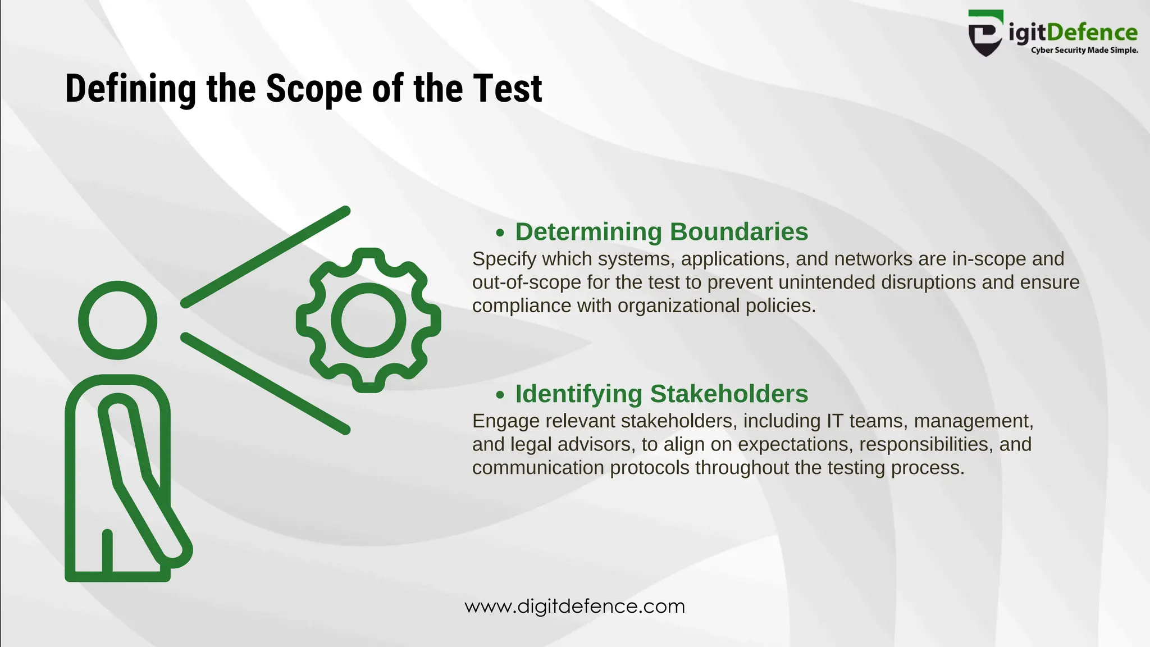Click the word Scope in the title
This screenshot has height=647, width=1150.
click(314, 89)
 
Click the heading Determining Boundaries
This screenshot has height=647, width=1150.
click(661, 231)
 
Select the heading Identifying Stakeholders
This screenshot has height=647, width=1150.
click(661, 394)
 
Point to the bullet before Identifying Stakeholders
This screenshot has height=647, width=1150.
click(500, 395)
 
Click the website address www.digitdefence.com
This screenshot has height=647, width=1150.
click(575, 607)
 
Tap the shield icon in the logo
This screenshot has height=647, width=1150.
click(985, 34)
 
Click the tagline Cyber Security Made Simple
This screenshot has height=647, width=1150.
click(1084, 51)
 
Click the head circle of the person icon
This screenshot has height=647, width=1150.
click(117, 320)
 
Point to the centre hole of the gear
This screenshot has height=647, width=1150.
click(368, 320)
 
